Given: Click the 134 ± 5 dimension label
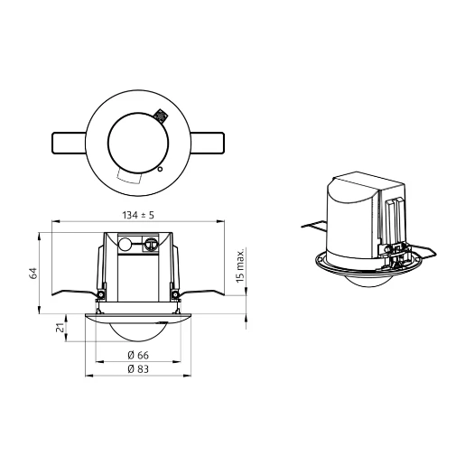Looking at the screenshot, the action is pyautogui.click(x=138, y=215).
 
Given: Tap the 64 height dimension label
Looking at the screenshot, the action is pyautogui.click(x=33, y=273).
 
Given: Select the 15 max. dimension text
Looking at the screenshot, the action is pyautogui.click(x=240, y=266).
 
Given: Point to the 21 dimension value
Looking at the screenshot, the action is pyautogui.click(x=60, y=328).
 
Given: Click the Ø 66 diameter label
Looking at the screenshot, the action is pyautogui.click(x=138, y=355).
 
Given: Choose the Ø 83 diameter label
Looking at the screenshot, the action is pyautogui.click(x=138, y=369).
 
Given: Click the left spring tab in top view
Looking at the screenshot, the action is pyautogui.click(x=69, y=143).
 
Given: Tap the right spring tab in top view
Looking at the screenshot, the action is pyautogui.click(x=208, y=143).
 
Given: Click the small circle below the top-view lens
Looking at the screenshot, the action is pyautogui.click(x=160, y=169).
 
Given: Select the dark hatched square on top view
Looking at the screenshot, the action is pyautogui.click(x=161, y=116).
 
